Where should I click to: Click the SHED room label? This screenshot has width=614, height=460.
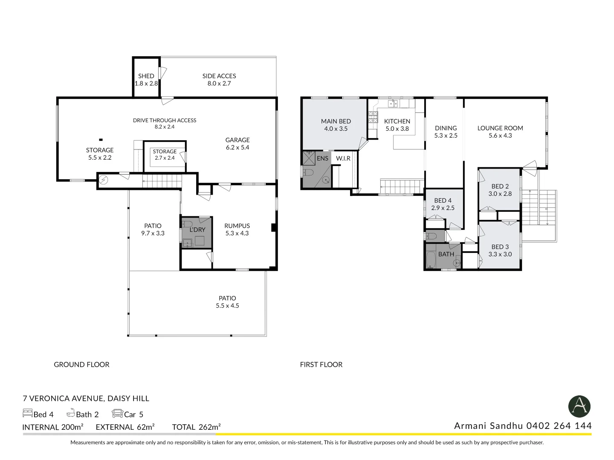click(146, 76)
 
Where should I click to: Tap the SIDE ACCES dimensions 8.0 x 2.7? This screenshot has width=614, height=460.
click(219, 83)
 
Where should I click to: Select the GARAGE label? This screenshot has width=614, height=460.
click(237, 140)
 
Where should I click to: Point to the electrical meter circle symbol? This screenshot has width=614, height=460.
click(104, 180)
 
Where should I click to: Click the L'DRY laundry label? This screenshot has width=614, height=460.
click(197, 230)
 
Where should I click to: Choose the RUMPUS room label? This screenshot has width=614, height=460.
click(237, 226)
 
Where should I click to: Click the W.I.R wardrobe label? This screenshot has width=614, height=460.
click(343, 158)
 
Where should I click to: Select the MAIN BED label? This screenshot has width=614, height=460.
click(336, 121)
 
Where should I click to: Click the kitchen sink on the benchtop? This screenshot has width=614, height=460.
click(393, 103)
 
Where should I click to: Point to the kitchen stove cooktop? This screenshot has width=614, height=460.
click(373, 117)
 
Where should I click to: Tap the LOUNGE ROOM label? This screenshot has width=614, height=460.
click(500, 128)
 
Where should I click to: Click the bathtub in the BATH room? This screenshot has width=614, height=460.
click(431, 259)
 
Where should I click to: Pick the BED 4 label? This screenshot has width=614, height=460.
click(443, 201)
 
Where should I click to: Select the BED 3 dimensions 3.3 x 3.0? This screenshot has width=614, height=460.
click(500, 254)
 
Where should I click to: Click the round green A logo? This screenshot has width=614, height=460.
click(579, 406)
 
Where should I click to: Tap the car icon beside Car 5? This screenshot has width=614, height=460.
click(118, 413)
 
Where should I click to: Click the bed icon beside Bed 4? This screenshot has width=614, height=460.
click(27, 413)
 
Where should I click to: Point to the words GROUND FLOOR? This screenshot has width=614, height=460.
click(82, 365)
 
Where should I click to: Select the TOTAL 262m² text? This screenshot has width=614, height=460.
click(197, 427)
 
